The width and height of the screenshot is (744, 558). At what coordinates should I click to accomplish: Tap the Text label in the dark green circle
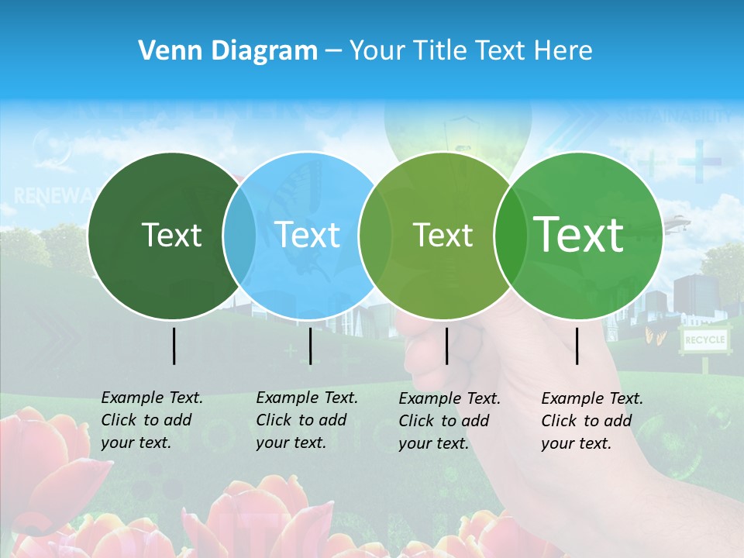click(171, 235)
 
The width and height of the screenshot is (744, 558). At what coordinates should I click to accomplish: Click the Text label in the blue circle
click(308, 235)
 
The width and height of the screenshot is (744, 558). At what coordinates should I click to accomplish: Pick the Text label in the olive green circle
click(443, 235)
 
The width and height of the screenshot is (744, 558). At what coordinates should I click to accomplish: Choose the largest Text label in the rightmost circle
click(579, 235)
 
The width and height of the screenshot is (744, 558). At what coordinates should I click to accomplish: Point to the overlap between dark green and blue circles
click(239, 235)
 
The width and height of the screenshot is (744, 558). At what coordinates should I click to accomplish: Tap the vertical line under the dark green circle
click(174, 346)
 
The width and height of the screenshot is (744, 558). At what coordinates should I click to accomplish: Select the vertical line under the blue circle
click(310, 346)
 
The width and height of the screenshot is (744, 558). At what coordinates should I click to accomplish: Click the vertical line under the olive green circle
click(446, 346)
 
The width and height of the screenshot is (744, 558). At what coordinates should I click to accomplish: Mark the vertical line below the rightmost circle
click(577, 346)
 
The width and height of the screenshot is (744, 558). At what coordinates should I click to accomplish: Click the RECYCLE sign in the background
click(704, 339)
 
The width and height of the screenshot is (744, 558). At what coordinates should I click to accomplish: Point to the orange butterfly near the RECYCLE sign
click(655, 336)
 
